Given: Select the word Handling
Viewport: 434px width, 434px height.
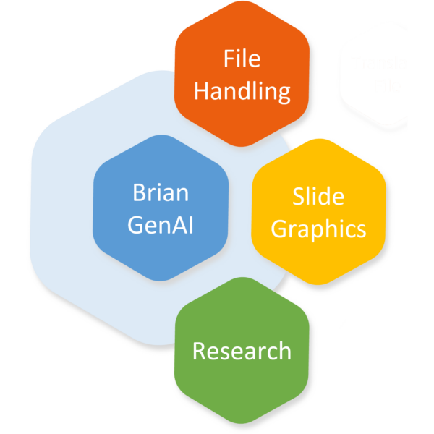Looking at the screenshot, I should point(242,92).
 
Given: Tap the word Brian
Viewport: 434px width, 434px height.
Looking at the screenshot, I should point(161,193).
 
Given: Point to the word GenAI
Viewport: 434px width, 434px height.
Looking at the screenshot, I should point(161,224).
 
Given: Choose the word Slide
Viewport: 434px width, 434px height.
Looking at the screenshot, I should point(318,196).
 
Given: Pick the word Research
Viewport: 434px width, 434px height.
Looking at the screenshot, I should point(242,352).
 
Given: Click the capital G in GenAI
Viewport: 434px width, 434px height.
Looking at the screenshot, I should point(136,224).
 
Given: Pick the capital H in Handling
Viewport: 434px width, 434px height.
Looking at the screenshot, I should point(203,92).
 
